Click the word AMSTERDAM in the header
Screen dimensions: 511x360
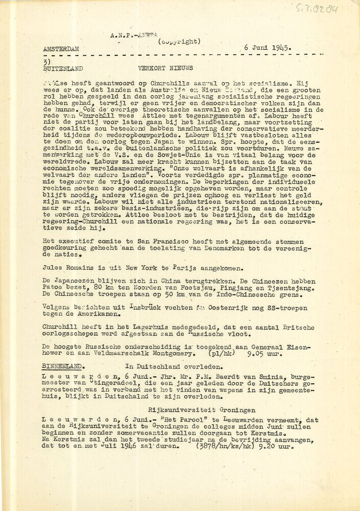tap(61, 49)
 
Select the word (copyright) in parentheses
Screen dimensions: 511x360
tap(179, 41)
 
